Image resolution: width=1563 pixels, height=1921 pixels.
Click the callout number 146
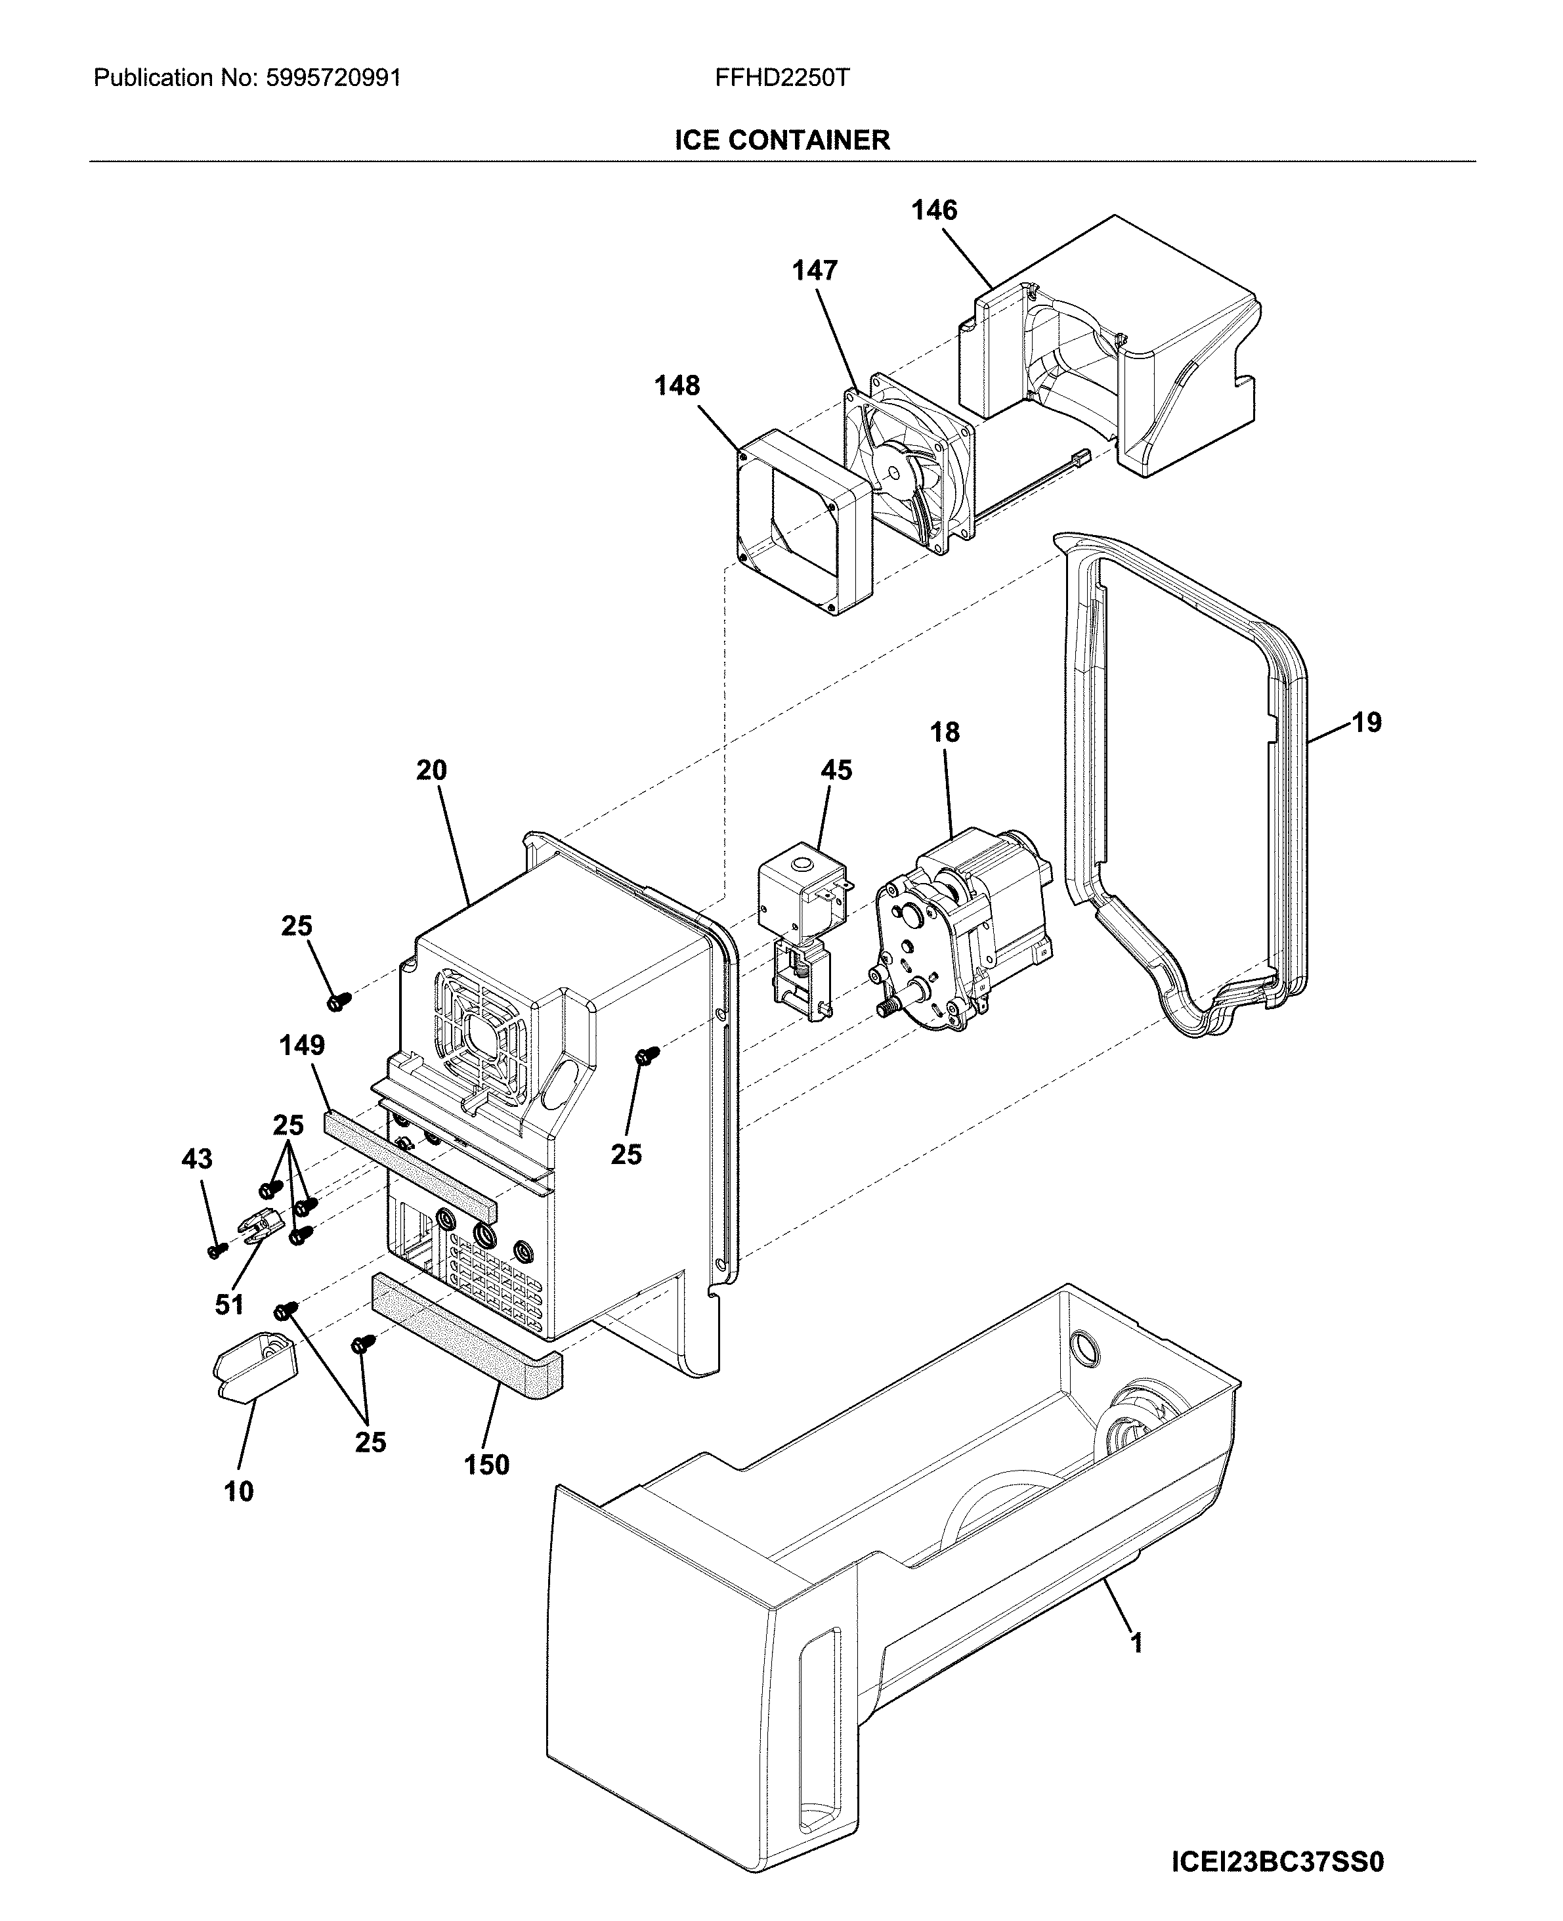point(933,211)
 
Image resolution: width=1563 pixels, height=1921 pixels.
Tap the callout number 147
point(815,270)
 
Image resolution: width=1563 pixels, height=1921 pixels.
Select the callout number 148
point(676,385)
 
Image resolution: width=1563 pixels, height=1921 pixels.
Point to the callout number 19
point(1366,722)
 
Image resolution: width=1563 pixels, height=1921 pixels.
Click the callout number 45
point(836,770)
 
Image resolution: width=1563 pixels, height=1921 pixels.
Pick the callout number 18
point(945,732)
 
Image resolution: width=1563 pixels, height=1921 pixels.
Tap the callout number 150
point(486,1465)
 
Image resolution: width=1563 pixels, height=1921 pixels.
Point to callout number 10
point(238,1492)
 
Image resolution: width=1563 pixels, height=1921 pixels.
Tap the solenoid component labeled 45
point(802,901)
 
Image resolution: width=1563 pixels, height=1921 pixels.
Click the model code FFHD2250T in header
point(781,78)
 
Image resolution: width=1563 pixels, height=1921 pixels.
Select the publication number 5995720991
point(333,78)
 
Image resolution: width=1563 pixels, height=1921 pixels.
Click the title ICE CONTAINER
point(781,140)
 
